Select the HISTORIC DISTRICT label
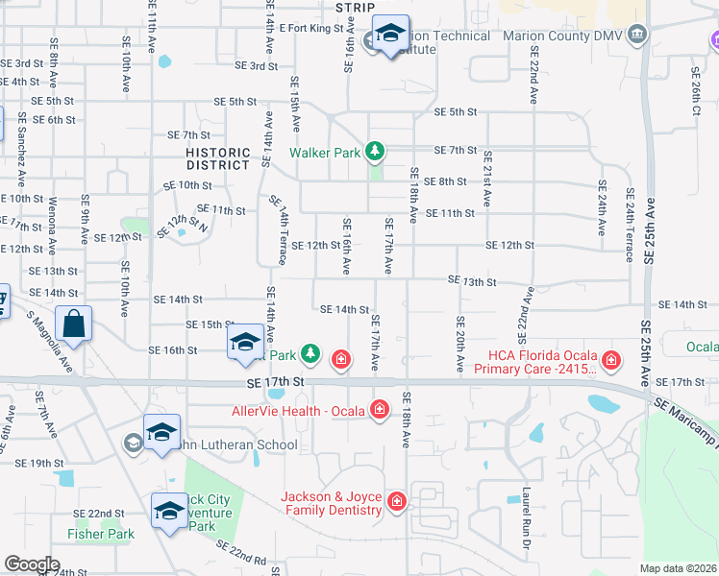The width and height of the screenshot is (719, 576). point(218,158)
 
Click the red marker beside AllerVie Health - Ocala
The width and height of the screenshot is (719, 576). point(380,411)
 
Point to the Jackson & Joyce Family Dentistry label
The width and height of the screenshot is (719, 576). point(332,503)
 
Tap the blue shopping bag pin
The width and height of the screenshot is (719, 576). point(74,324)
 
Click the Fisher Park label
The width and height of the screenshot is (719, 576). point(100,534)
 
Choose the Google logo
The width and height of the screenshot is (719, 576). point(32,564)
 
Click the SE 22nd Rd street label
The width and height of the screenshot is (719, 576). point(241,553)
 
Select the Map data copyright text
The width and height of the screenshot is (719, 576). point(678,568)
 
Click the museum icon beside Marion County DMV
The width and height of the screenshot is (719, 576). point(636,36)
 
